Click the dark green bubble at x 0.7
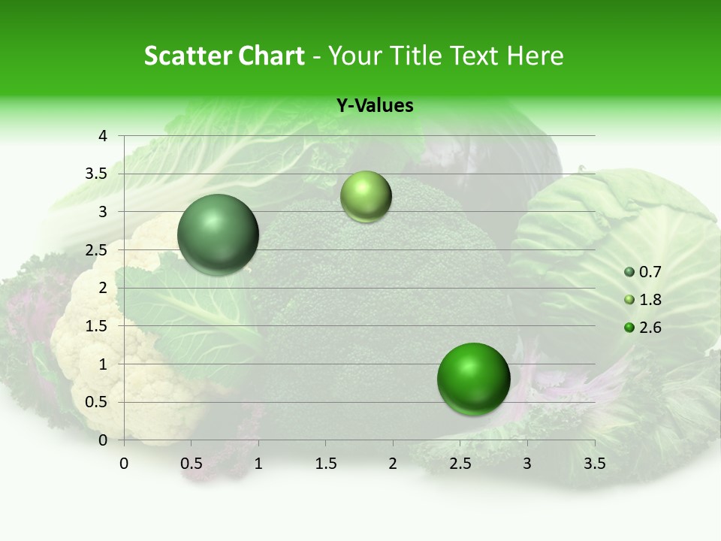pyautogui.click(x=218, y=234)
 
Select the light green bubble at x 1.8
pyautogui.click(x=366, y=197)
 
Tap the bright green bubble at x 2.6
pyautogui.click(x=473, y=379)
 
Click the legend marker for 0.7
pyautogui.click(x=629, y=272)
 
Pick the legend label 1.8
pyautogui.click(x=650, y=300)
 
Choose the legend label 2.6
pyautogui.click(x=650, y=328)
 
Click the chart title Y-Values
pyautogui.click(x=374, y=106)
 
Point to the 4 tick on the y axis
pyautogui.click(x=104, y=136)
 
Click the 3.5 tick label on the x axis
pyautogui.click(x=594, y=464)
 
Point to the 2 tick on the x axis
pyautogui.click(x=393, y=464)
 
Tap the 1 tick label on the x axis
pyautogui.click(x=258, y=464)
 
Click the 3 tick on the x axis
pyautogui.click(x=527, y=464)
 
